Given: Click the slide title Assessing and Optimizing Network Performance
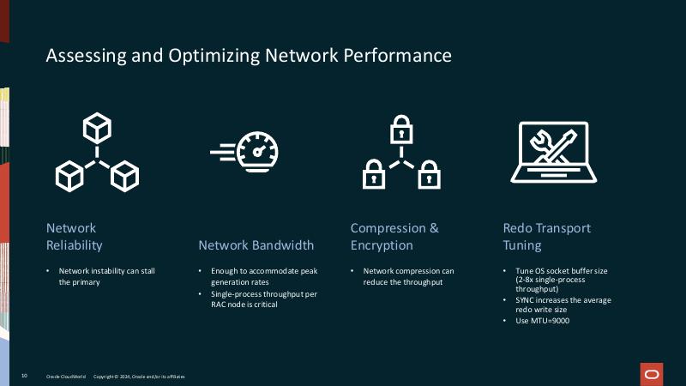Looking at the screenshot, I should tap(249, 57).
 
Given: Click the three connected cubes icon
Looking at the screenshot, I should tap(97, 154).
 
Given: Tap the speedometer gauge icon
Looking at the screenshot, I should tap(246, 153).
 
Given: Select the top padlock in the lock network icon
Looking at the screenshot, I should tap(399, 130).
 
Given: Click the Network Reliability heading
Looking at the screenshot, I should tap(75, 237).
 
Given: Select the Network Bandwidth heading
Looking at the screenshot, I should tap(256, 245).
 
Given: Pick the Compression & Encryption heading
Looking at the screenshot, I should tap(394, 237).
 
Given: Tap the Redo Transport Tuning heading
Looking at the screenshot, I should tap(546, 237).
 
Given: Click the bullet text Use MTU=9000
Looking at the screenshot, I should tap(543, 321).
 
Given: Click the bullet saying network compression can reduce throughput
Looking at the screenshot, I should tap(409, 276).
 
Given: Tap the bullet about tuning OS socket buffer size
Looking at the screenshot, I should tap(561, 280).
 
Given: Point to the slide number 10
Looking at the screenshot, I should tap(25, 377).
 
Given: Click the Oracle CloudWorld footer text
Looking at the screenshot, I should tap(65, 377).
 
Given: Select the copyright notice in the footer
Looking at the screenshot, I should tap(138, 377).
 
